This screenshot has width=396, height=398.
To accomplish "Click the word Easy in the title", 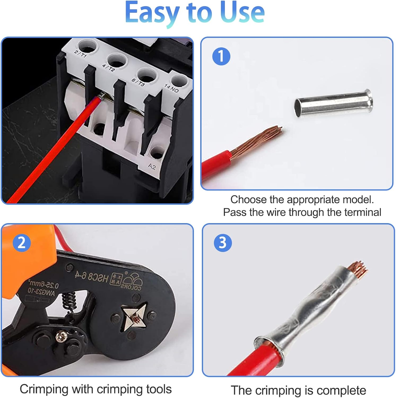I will (x=152, y=13).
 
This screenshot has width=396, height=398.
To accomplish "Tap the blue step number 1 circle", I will (x=221, y=56).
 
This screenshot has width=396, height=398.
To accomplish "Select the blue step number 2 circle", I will (x=22, y=243).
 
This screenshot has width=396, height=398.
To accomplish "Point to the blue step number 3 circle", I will (x=223, y=243).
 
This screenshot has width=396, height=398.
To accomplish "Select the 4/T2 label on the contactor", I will (x=108, y=68).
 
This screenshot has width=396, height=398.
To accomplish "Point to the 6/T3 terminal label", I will (x=138, y=83).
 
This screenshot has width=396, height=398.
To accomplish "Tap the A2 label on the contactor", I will (x=152, y=166).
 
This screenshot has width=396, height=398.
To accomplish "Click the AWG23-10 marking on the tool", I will (x=41, y=292).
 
